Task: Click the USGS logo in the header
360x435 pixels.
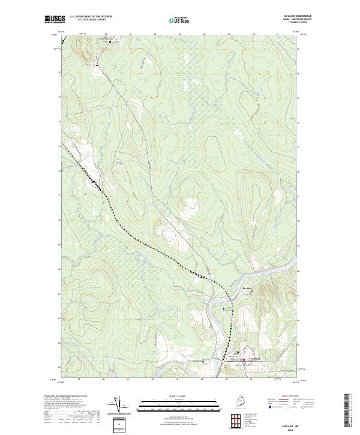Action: tap(55, 20)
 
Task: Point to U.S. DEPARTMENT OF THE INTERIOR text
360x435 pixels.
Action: tap(91, 17)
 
